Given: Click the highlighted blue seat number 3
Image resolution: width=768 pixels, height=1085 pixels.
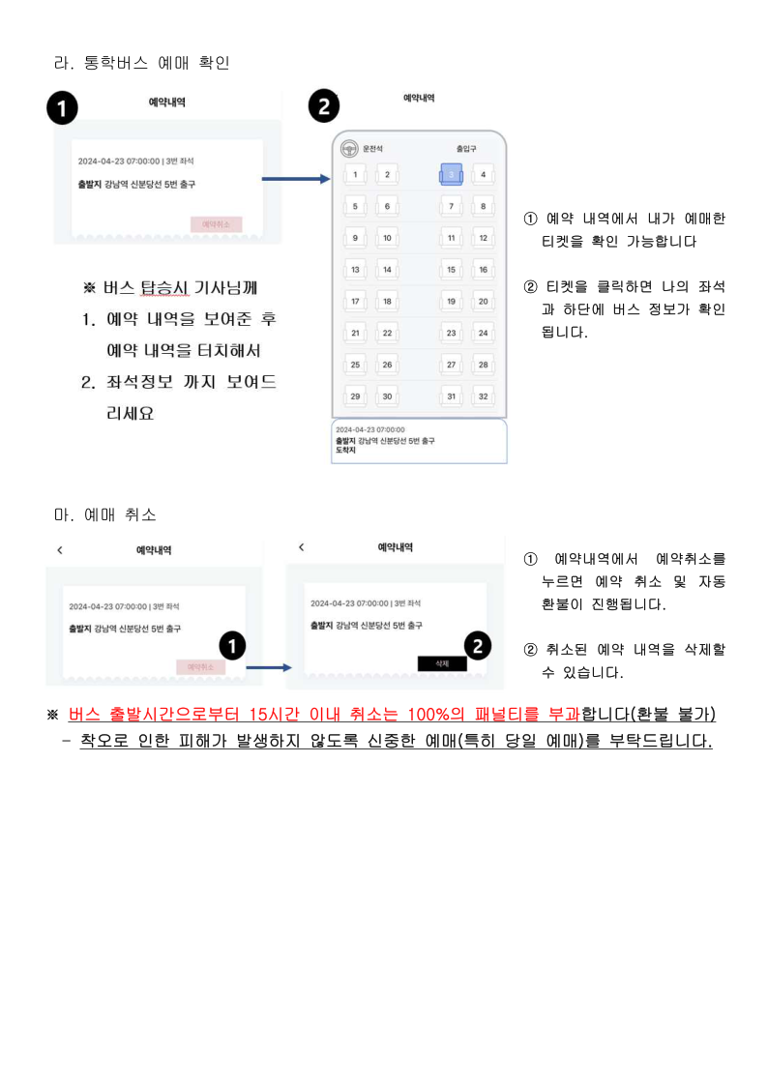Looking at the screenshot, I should coord(451,174).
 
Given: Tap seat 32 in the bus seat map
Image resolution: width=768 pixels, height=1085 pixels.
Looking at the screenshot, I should coord(482,396).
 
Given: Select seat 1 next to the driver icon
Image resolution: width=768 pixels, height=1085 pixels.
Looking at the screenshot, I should coord(355,174).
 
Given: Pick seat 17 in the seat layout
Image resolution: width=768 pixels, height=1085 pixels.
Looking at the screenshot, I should coord(355,302).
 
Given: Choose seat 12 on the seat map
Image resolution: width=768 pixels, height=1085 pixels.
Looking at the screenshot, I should coord(482,238).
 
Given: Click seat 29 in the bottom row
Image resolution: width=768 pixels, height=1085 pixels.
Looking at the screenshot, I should coord(355,396).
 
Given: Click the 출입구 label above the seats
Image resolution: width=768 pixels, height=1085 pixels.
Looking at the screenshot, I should coord(466,149).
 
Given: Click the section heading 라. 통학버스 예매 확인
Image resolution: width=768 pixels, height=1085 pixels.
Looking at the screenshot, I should coord(141,64).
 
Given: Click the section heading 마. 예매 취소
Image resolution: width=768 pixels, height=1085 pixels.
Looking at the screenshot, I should coord(105,513).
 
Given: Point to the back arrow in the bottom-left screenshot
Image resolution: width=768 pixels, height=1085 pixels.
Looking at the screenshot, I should coord(60,550).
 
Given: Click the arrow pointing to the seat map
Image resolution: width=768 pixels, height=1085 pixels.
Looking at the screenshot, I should coord(297,179).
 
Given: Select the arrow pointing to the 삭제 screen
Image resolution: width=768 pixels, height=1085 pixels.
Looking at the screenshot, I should coord(268,667).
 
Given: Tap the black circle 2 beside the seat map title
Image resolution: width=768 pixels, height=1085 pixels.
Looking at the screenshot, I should coord(324,107).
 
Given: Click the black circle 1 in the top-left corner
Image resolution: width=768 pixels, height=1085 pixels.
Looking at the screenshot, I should coord(63,109).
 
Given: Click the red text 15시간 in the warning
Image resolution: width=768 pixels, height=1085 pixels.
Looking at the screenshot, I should coord(276,715).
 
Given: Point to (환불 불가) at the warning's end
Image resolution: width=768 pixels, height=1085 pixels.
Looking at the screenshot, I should coord(672,715).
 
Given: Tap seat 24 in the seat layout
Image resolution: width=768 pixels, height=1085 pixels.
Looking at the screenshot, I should coord(482,334).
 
